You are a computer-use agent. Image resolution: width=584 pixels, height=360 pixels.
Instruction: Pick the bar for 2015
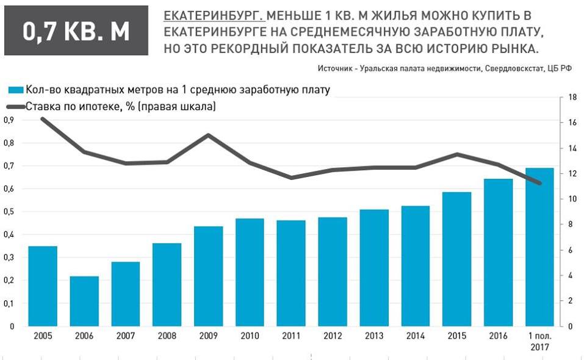point(456,259)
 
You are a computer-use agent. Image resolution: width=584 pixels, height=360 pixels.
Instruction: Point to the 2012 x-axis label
point(333,336)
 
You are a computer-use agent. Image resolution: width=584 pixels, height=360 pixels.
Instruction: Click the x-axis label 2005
point(42,336)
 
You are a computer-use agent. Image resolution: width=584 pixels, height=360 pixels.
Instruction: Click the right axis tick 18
point(572,98)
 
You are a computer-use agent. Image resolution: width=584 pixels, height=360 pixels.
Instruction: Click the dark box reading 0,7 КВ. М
point(76,31)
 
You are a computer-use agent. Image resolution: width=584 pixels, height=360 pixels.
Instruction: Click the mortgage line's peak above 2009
point(208,135)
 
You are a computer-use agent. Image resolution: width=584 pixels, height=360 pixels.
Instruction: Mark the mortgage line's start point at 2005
point(42,118)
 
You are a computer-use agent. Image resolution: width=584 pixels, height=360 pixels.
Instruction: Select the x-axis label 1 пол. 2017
point(539,340)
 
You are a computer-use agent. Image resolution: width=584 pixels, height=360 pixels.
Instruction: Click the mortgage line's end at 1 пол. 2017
point(539,183)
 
